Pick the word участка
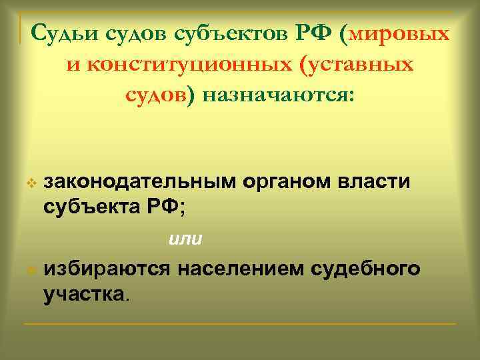pyautogui.click(x=83, y=293)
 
